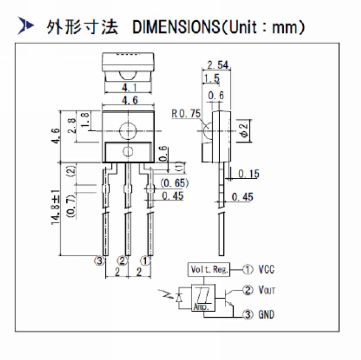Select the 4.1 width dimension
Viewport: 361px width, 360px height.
129,88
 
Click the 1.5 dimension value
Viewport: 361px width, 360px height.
211,79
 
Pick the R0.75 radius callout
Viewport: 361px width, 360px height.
185,114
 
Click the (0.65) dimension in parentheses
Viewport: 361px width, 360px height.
174,183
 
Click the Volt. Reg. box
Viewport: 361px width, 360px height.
208,270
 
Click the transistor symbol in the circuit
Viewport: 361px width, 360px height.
228,298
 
